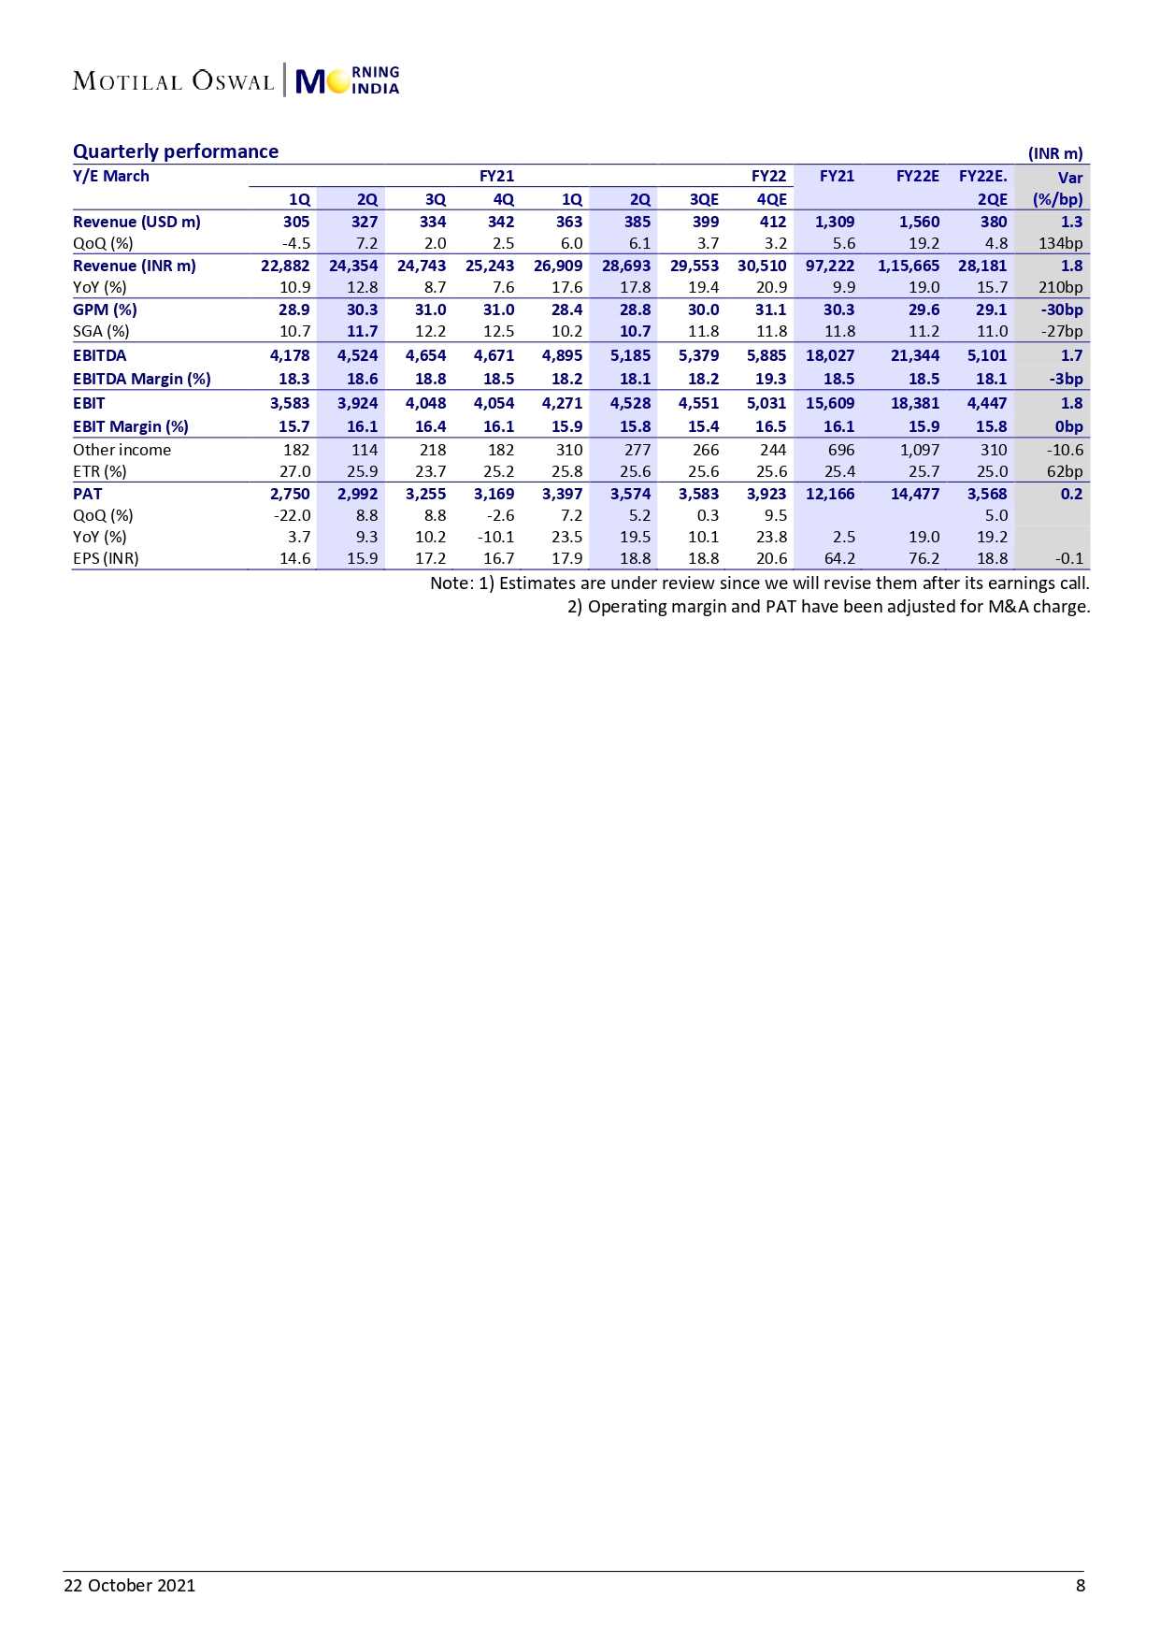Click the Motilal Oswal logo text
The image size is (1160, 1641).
tap(173, 81)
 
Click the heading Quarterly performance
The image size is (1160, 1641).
tap(176, 151)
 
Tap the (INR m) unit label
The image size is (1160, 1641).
tap(1055, 153)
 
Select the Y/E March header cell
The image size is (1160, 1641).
tap(111, 176)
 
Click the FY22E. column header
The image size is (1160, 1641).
tap(982, 176)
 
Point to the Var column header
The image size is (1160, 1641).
tap(1069, 178)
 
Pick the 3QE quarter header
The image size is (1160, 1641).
tap(704, 199)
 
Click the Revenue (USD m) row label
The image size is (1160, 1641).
tap(136, 222)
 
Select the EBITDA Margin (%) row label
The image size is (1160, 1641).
tap(142, 379)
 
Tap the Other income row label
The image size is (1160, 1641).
tap(122, 450)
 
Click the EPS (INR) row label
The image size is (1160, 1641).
tap(106, 558)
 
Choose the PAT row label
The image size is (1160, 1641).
tap(88, 494)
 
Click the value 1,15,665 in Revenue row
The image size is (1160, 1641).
tap(908, 266)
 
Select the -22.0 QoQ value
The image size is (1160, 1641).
tap(292, 515)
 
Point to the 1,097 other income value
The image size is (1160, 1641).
tap(919, 450)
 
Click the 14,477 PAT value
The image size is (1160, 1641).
tap(914, 494)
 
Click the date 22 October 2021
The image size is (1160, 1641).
tap(130, 1585)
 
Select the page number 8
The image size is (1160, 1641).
tap(1081, 1585)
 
